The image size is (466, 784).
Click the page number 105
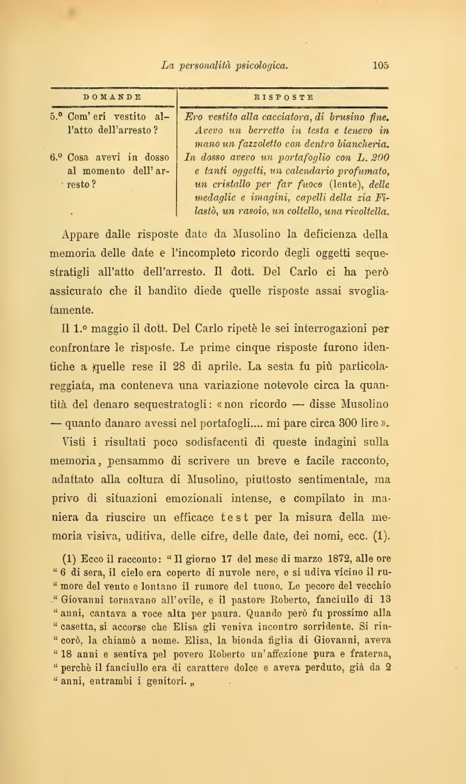pos(381,65)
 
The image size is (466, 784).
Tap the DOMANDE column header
pos(112,97)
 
